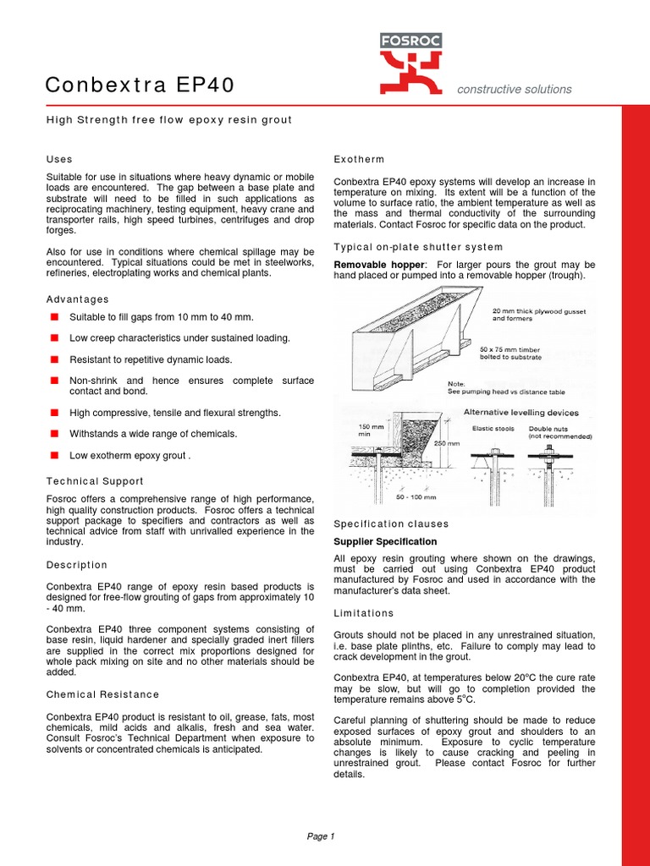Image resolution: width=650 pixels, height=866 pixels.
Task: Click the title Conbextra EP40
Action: (140, 85)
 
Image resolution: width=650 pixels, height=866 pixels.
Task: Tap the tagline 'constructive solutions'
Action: (514, 90)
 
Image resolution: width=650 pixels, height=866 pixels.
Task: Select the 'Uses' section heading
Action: (59, 159)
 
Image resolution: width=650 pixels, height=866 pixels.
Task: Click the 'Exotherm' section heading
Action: (359, 159)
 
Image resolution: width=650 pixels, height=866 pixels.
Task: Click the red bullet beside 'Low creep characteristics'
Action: (53, 337)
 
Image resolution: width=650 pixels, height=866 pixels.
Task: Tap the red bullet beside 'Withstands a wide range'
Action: (53, 433)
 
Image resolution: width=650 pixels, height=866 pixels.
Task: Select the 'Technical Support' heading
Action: (95, 481)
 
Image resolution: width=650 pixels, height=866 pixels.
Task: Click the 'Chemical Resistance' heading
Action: (102, 694)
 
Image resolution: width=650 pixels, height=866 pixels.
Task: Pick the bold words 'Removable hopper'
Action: (373, 265)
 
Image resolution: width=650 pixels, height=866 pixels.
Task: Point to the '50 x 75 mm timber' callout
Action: (510, 353)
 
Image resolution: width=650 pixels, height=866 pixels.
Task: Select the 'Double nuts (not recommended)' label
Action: (559, 432)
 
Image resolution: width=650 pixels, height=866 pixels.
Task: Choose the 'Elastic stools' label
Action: (493, 428)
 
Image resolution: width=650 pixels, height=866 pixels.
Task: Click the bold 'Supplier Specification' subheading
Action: (385, 541)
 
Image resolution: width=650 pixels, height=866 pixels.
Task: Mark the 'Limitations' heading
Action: (364, 613)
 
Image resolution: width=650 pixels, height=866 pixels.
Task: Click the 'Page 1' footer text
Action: (321, 836)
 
